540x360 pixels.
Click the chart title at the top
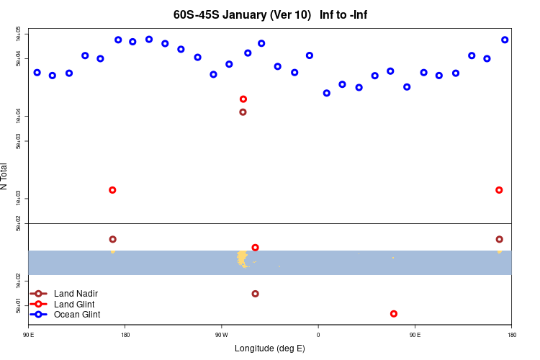coord(270,14)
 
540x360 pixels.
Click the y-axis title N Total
coord(4,176)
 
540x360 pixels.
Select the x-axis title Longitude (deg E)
coord(270,348)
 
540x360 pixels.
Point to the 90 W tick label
coord(221,334)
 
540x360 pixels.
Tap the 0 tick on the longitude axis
coord(318,334)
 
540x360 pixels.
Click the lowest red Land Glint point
coord(393,314)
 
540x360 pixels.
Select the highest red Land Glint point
coord(243,99)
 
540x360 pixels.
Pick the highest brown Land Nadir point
coord(243,112)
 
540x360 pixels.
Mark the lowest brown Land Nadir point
coord(256,294)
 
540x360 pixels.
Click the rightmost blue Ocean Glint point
coord(505,40)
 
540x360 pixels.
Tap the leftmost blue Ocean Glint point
coord(37,73)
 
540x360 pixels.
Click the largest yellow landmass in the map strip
coord(242,258)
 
